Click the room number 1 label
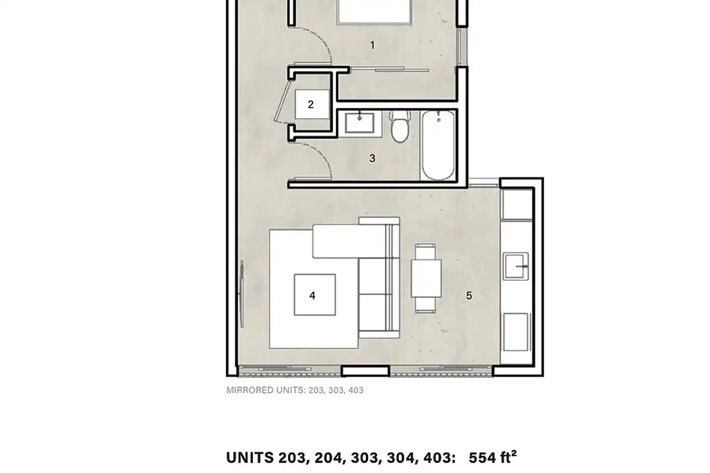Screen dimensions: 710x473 coord(372,46)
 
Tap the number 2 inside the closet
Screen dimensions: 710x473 coord(311,104)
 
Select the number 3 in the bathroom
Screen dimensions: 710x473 coord(372,158)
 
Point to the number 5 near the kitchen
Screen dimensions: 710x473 coord(469,296)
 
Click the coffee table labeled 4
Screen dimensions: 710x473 coord(315,295)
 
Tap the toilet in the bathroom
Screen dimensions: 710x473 coord(400,127)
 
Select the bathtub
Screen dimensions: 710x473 coord(438,145)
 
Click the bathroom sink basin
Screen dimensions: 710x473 coord(360,123)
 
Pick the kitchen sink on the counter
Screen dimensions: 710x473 coord(516,266)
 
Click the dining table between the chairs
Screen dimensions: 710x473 coord(426,278)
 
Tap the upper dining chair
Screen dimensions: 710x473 coord(426,252)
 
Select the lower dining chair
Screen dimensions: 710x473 coord(426,305)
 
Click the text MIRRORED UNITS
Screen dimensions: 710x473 coord(266,390)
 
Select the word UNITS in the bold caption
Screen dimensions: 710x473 coord(250,458)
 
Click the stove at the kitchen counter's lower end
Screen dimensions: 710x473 coord(516,332)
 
